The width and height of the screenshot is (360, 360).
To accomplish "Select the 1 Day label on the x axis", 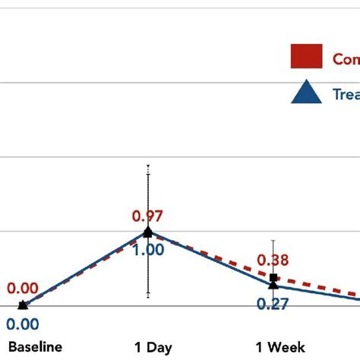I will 153,347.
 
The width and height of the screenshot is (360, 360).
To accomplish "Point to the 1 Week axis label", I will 279,347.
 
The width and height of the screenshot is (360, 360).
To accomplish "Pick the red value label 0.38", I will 273,261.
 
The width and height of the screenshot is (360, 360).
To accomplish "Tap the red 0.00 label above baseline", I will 22,289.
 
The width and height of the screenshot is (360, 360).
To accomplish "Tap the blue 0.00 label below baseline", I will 22,324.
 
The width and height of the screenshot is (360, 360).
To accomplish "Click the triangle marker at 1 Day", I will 148,232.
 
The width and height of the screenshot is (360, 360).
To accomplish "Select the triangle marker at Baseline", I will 23,305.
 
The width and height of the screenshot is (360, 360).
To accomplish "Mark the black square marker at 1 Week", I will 274,278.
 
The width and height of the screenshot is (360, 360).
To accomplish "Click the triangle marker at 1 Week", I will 273,285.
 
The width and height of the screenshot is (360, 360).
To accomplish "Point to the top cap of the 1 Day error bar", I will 148,165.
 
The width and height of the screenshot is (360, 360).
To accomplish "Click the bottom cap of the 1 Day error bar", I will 148,295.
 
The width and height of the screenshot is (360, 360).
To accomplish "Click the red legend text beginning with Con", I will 346,58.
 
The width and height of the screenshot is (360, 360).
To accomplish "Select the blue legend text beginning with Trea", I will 346,93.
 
